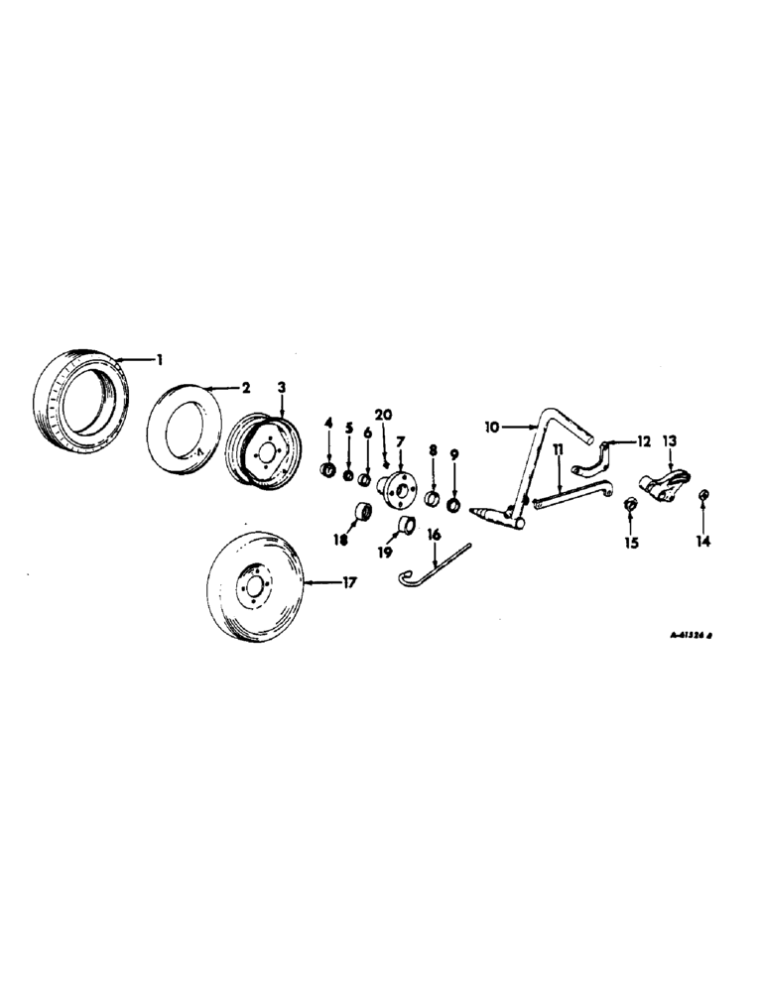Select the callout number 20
384,415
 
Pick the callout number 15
629,543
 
